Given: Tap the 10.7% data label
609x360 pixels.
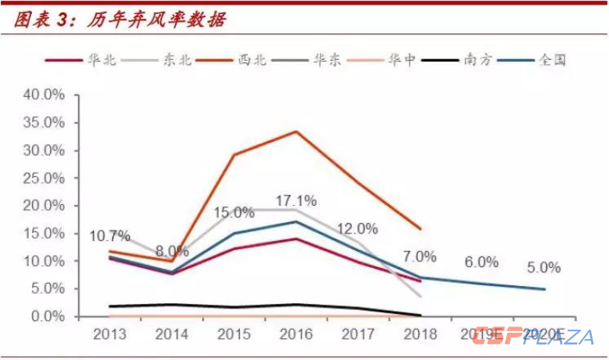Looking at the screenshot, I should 111,235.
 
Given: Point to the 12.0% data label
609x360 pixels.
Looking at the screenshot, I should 357,229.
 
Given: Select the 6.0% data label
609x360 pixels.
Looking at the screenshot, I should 481,263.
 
